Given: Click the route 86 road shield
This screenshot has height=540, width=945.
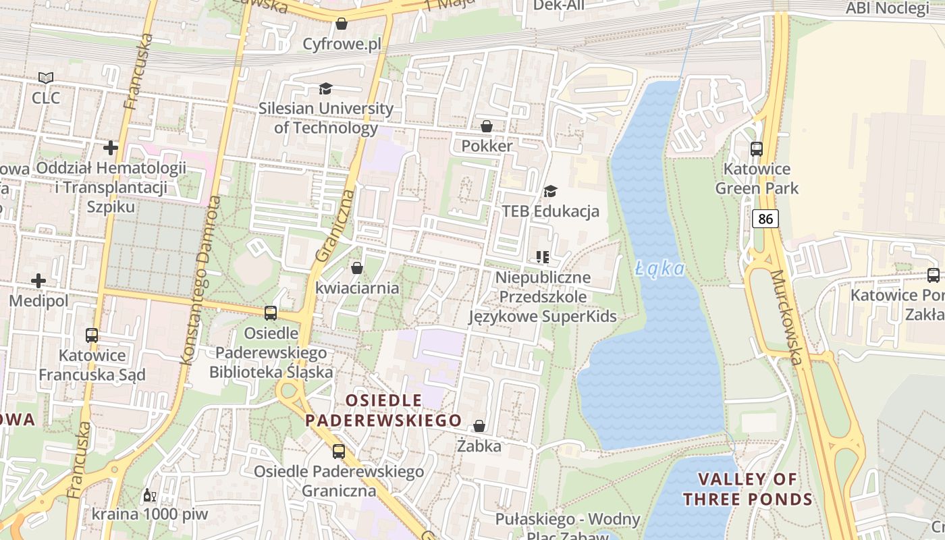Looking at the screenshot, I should tap(765, 219).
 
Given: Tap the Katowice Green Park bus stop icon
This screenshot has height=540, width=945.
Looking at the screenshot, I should tap(757, 149).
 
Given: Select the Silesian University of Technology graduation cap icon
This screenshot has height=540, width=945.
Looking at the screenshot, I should tap(326, 89).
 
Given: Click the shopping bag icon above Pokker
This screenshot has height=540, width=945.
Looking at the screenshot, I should tap(486, 126).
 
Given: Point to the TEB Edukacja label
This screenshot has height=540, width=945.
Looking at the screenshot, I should tap(550, 211).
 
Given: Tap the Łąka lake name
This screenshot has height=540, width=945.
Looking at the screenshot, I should tap(660, 269).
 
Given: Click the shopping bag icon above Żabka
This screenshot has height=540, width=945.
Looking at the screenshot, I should tap(479, 426).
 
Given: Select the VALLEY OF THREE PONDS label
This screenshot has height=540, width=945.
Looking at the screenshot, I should tap(747, 489).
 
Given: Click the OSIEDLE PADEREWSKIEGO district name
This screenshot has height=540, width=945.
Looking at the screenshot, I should tap(383, 410).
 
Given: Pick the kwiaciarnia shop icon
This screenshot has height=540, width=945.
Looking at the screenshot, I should tap(357, 268).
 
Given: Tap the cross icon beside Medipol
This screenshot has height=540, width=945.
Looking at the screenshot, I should tap(38, 280).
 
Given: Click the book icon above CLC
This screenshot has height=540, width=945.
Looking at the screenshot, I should tap(45, 78).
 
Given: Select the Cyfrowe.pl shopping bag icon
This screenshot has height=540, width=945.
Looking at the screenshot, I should tap(342, 24).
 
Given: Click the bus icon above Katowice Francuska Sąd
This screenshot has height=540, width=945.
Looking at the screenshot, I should tap(91, 335).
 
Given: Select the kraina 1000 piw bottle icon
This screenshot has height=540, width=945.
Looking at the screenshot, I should tap(149, 495).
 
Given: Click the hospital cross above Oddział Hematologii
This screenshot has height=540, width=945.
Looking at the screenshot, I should tap(111, 147).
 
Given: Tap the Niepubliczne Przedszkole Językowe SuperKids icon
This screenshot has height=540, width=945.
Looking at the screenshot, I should tap(542, 257).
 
